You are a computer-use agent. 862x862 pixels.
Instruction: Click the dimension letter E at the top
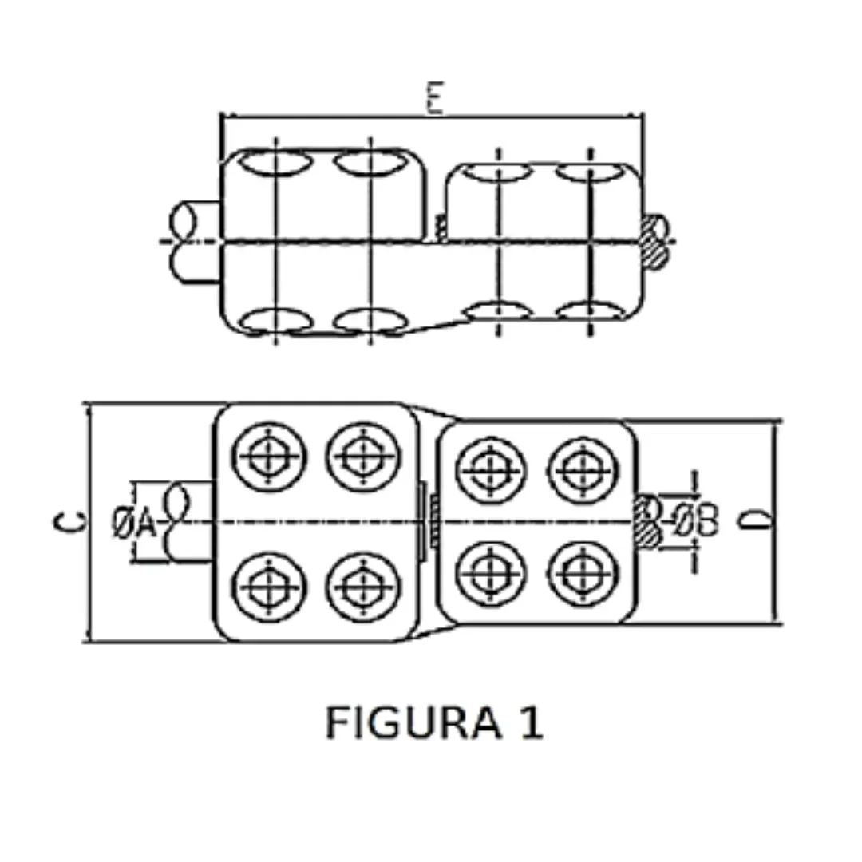(434, 101)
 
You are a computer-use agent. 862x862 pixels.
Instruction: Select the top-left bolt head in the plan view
(269, 457)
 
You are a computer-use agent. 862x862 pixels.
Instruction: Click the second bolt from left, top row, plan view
(362, 457)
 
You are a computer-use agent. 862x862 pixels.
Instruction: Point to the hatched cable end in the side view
(654, 241)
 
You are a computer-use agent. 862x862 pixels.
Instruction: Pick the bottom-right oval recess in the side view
(589, 312)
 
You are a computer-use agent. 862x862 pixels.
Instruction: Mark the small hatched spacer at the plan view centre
(433, 521)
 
